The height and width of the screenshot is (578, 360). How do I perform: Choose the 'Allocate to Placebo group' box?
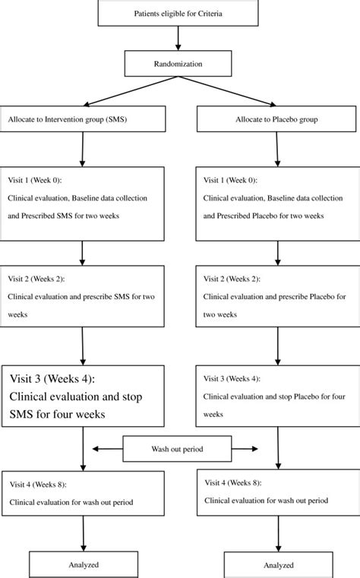coord(277,119)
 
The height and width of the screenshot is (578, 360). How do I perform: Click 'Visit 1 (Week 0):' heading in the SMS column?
coord(39,181)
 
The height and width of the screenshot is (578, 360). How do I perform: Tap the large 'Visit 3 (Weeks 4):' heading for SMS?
coord(62,379)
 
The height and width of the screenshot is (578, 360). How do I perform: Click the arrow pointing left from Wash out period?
coord(106,450)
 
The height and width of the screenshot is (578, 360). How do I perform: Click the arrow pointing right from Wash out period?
coord(251,450)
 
